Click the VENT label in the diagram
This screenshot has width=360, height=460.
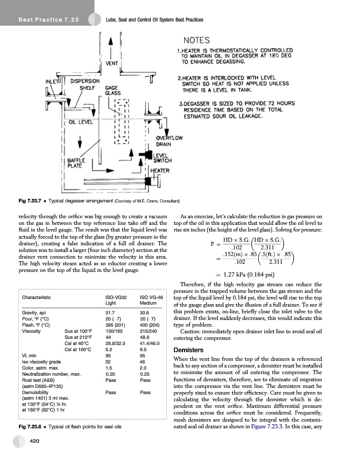112,63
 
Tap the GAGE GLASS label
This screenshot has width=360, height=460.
112,90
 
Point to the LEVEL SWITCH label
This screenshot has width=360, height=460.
163,157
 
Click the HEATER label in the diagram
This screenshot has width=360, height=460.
160,171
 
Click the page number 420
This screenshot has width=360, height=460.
35,440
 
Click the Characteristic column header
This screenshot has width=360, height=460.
39,297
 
